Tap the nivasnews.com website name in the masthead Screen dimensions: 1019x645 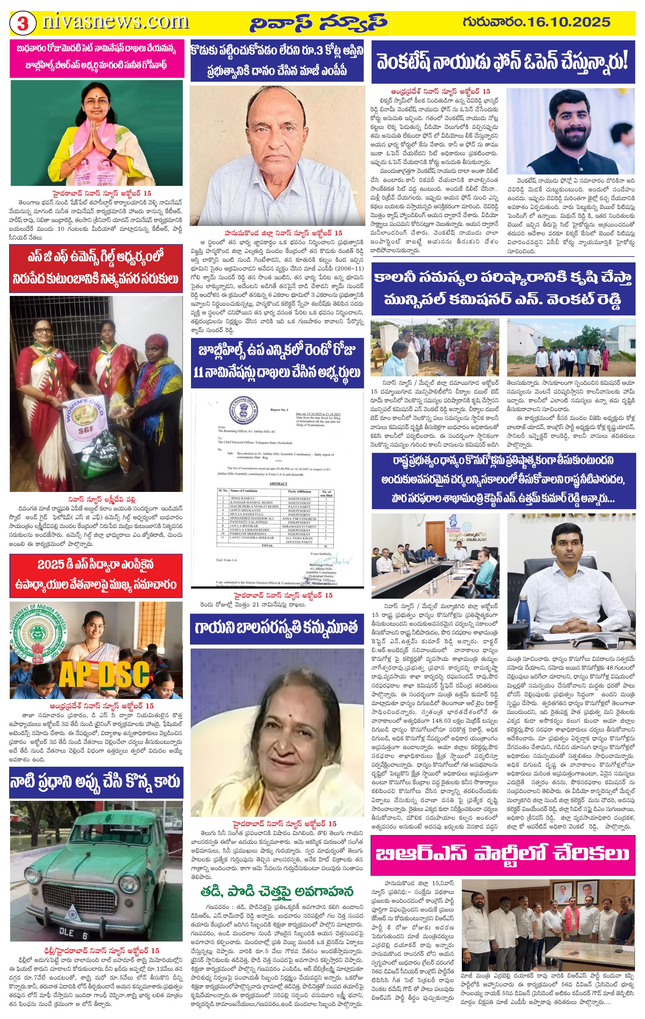point(115,22)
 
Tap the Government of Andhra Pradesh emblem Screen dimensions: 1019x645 point(36,632)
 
